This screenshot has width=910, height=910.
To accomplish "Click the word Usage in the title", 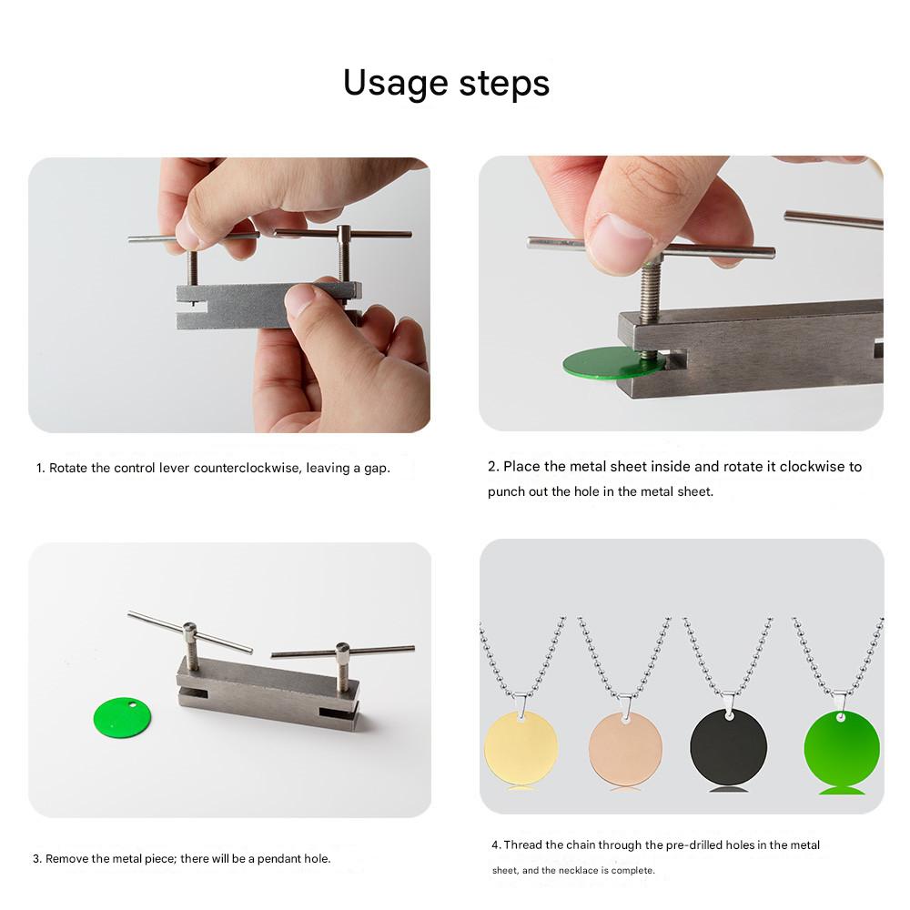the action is pos(395,84).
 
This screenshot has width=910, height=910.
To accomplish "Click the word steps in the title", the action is pos(504,84).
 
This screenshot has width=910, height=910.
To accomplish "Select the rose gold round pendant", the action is pos(626,749).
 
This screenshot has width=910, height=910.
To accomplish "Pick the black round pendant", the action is pos(728,747).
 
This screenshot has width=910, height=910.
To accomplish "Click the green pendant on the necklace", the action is pos(842,749).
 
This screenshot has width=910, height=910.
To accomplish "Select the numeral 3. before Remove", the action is pos(37,859).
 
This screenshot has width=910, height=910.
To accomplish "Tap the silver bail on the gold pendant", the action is pos(521,705).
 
